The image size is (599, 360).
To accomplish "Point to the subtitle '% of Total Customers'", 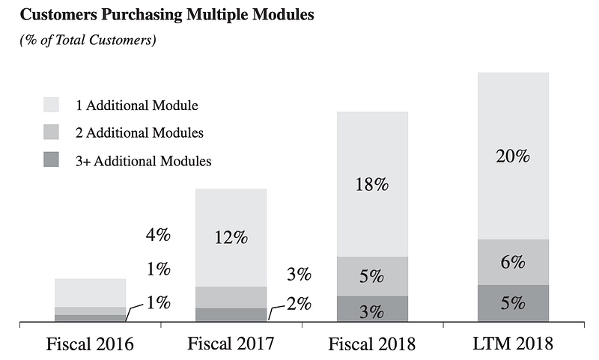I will pos(88,40).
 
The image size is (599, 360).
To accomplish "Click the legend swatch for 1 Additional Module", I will pos(52,105).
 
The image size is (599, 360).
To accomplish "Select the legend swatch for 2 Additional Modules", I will pos(52,132).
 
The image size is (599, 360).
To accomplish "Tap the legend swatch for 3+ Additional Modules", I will pos(52,160).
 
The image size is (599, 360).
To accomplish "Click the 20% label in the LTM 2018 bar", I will pos(513,156).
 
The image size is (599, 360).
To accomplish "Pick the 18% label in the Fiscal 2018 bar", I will pos(371,185).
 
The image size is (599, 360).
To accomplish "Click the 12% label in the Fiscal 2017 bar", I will pos(231,237).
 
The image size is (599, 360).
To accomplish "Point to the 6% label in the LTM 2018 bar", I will pos(513,263).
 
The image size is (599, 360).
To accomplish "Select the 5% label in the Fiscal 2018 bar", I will pos(371,276).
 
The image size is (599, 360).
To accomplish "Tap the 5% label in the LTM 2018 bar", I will pos(513,303).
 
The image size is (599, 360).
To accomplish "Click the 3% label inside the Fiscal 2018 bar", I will pos(371,311).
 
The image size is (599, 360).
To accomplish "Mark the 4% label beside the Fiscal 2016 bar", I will pos(158,235).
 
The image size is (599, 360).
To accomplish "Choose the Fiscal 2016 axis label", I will pos(90,344).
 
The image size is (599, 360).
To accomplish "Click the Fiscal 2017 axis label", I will pos(231,344).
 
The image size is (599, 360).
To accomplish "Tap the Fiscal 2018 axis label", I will pos(372,344).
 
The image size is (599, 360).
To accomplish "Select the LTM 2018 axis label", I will pos(513,344).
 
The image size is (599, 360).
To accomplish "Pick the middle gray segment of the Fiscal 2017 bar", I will pos(231,297).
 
